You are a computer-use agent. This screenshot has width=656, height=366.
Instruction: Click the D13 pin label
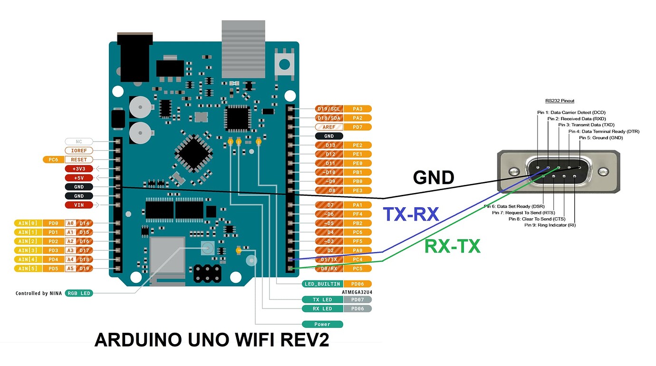point(329,145)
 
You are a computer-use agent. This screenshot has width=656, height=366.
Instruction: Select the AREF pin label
point(329,127)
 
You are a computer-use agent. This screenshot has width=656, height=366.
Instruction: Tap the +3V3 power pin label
point(79,169)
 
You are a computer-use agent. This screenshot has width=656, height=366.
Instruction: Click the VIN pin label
point(79,205)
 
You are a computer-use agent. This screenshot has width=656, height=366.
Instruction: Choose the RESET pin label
point(79,160)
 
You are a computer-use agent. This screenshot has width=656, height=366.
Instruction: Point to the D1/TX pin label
point(329,260)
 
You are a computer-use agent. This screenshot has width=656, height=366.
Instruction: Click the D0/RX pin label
point(329,269)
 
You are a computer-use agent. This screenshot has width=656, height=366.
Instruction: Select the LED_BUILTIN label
point(322,284)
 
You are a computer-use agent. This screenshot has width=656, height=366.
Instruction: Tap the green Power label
point(322,324)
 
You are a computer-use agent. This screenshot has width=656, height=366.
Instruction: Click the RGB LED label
point(78,293)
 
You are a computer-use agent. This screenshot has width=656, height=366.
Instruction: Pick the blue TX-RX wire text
point(411,214)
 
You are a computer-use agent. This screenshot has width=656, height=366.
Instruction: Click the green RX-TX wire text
point(452,246)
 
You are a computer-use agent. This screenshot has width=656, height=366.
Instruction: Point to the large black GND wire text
point(434,178)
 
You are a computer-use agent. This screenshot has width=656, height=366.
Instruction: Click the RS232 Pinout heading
point(560,101)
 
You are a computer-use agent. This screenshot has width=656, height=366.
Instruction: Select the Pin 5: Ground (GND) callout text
point(600,138)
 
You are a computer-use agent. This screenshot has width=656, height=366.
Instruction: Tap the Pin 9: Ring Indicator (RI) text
point(550,225)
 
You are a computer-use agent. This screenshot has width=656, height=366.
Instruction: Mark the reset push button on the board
point(285,63)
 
